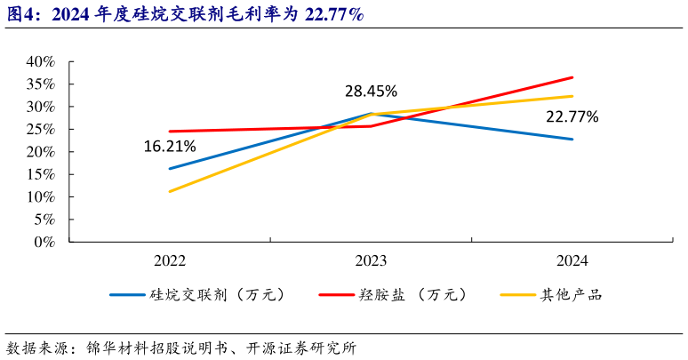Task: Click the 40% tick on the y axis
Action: [40, 62]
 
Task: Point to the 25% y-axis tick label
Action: [40, 129]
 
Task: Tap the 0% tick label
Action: [44, 241]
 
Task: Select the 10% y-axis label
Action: [40, 196]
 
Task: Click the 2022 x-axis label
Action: [169, 260]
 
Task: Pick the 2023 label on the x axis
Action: [371, 260]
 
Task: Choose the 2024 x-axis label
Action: [572, 260]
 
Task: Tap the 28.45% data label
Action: [371, 92]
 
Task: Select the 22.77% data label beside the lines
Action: [572, 116]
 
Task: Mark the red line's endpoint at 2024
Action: [572, 77]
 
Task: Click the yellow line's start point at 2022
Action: [169, 191]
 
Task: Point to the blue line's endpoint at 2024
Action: [572, 140]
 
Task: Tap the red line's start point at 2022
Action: [169, 132]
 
